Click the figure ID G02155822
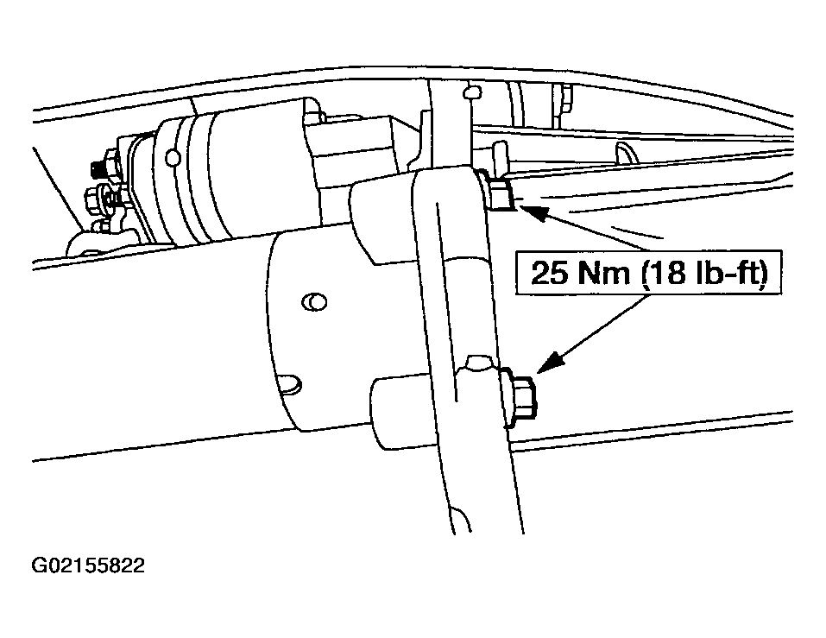coord(88,565)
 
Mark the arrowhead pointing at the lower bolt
coord(550,363)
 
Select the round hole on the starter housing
coord(314,302)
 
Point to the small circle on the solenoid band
coord(171,156)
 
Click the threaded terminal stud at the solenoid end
coord(98,168)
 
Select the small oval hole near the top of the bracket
coord(472,92)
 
